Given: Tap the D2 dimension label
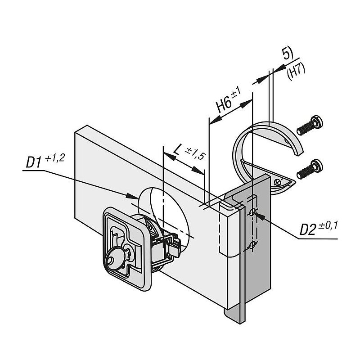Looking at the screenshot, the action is pyautogui.click(x=308, y=230).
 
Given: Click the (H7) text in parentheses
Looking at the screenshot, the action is pyautogui.click(x=296, y=72).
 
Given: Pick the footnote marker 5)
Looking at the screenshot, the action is pyautogui.click(x=288, y=54).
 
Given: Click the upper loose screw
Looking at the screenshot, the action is pyautogui.click(x=310, y=126).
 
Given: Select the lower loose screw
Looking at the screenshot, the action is pyautogui.click(x=310, y=169).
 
